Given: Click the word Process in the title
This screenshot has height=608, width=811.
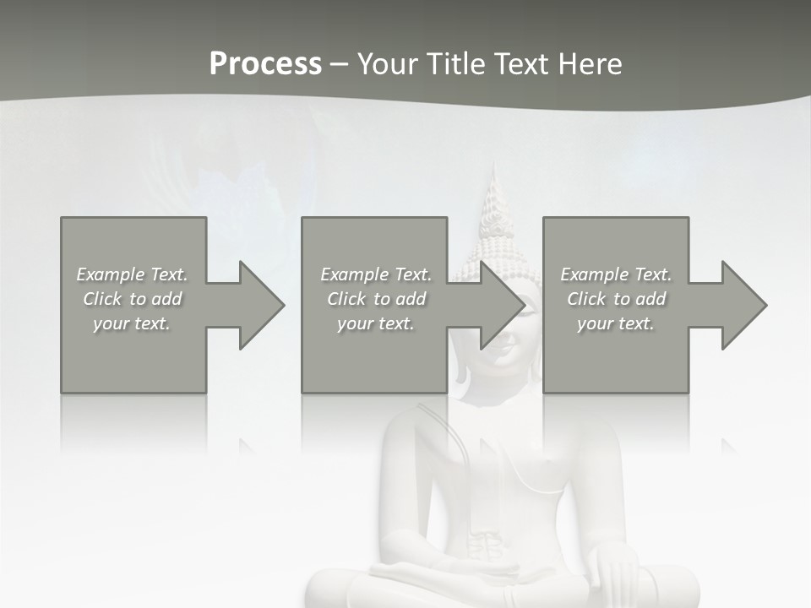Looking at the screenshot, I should click(x=265, y=64).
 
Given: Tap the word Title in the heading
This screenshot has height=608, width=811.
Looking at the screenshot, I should click(x=455, y=64).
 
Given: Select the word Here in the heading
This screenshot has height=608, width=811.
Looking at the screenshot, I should click(x=591, y=64).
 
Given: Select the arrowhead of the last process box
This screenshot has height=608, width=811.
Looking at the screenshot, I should click(x=743, y=305).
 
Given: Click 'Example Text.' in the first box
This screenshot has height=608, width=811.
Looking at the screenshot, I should click(x=132, y=274).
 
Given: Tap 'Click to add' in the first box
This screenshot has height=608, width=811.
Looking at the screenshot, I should click(x=132, y=299).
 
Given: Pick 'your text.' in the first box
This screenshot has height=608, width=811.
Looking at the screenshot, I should click(x=132, y=323).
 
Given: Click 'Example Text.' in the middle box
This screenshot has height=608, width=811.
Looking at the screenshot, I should click(x=375, y=274).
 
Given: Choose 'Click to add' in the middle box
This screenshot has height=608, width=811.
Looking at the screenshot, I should click(x=375, y=299).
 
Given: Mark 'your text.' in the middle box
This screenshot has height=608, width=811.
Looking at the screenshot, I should click(x=375, y=323).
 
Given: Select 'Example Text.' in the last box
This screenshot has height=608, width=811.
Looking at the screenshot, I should click(x=616, y=274).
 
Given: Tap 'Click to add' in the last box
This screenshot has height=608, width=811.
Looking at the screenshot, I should click(x=616, y=299).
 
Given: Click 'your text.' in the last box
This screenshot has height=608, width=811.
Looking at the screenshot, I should click(x=616, y=323).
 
